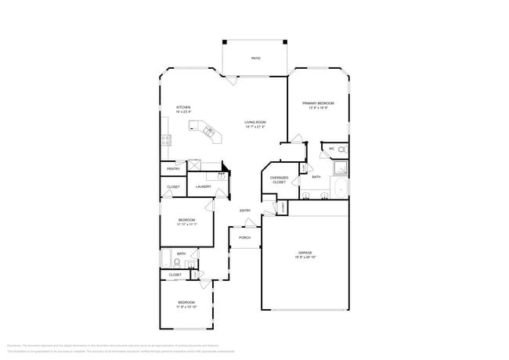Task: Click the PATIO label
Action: click(x=255, y=59)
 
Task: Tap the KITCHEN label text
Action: click(x=183, y=107)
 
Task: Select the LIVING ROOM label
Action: click(x=255, y=122)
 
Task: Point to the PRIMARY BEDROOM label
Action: click(x=319, y=103)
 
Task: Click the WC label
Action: click(x=331, y=148)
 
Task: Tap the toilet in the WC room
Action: click(x=342, y=148)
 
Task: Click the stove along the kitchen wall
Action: click(x=166, y=141)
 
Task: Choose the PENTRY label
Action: click(x=173, y=169)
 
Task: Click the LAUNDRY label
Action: click(x=204, y=187)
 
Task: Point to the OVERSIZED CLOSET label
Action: click(x=280, y=180)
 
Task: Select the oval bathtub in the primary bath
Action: click(x=341, y=188)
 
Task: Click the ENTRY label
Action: click(x=245, y=211)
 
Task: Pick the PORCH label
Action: click(x=245, y=237)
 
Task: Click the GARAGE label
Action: click(x=305, y=252)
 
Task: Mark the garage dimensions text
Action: click(x=305, y=257)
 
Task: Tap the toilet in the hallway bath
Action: click(x=192, y=265)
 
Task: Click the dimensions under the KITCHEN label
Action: click(x=183, y=112)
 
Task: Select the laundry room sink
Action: click(x=221, y=177)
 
